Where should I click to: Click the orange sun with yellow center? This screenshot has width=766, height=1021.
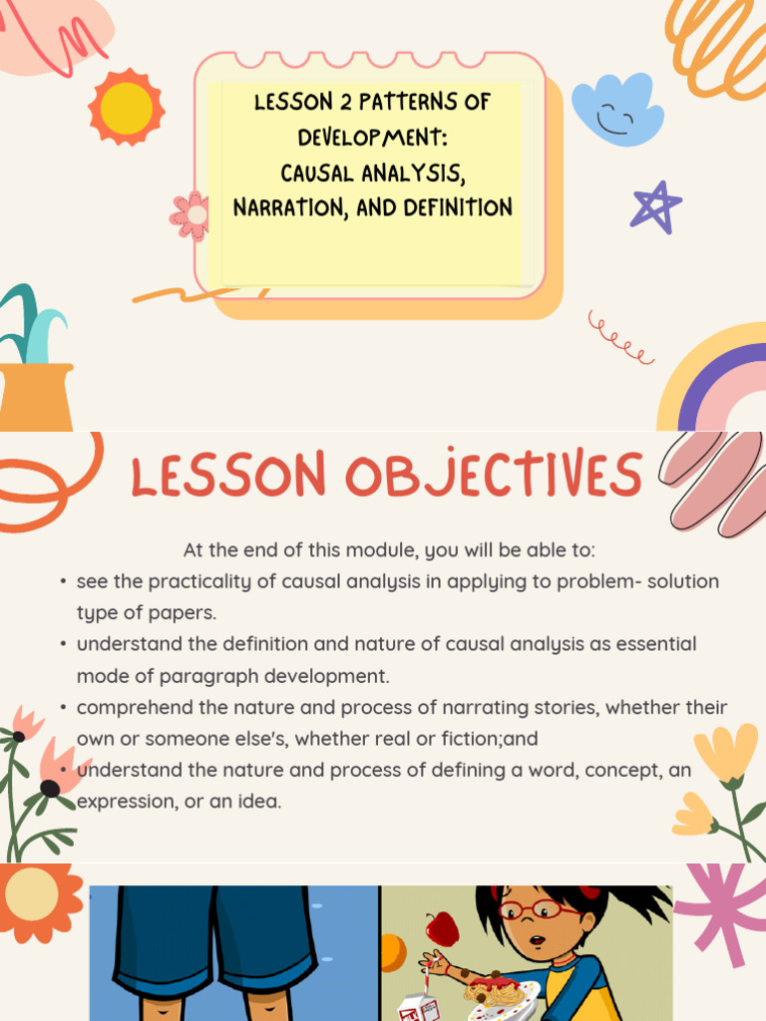(126, 106)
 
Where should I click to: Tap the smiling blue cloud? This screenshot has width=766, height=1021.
(617, 111)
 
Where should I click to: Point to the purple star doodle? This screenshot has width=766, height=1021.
(655, 206)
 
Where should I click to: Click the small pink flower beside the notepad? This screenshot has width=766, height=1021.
(190, 214)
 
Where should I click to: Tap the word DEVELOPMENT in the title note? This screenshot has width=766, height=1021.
(373, 137)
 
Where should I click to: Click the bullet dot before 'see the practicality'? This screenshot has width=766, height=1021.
(63, 581)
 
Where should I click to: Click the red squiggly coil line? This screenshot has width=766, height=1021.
(620, 338)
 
